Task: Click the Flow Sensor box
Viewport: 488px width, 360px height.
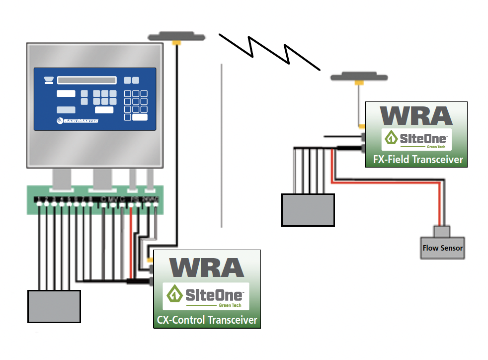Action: (x=443, y=248)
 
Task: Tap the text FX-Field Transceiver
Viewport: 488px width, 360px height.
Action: (x=417, y=160)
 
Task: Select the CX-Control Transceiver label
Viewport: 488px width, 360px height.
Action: (x=207, y=320)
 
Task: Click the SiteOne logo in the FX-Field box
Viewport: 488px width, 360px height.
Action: (x=416, y=140)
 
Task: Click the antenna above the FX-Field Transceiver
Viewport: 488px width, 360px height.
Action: (x=357, y=77)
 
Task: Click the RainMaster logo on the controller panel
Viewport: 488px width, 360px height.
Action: (x=78, y=120)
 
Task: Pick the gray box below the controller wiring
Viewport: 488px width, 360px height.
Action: (x=54, y=306)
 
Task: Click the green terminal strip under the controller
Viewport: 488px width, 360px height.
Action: (x=94, y=199)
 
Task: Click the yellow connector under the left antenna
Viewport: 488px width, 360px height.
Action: (x=175, y=44)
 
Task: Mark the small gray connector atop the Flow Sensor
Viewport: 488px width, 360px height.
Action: (x=441, y=231)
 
